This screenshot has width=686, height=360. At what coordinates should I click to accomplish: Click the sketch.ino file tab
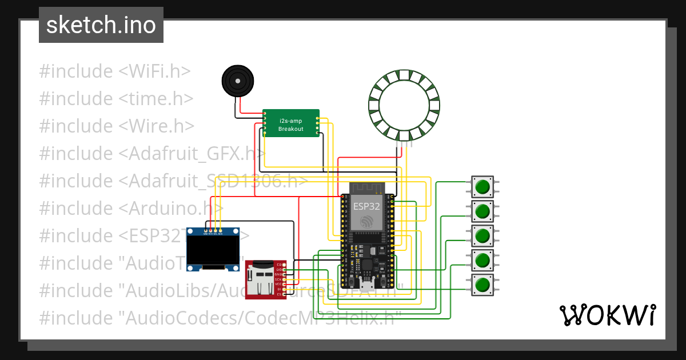tap(101, 25)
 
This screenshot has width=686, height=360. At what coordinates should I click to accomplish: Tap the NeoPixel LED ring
tap(404, 105)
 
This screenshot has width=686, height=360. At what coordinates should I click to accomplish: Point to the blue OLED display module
tap(214, 249)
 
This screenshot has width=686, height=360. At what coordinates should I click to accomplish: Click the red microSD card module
tap(265, 279)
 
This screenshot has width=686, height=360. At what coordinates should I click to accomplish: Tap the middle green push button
tap(483, 235)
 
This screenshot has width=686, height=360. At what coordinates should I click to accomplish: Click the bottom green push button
tap(483, 284)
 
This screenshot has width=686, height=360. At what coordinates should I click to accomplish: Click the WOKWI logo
tap(607, 315)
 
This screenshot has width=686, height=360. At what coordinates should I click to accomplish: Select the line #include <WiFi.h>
tap(114, 71)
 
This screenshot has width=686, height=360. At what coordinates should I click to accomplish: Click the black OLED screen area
tap(214, 251)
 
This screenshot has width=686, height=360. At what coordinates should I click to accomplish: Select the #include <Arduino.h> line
tap(131, 209)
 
